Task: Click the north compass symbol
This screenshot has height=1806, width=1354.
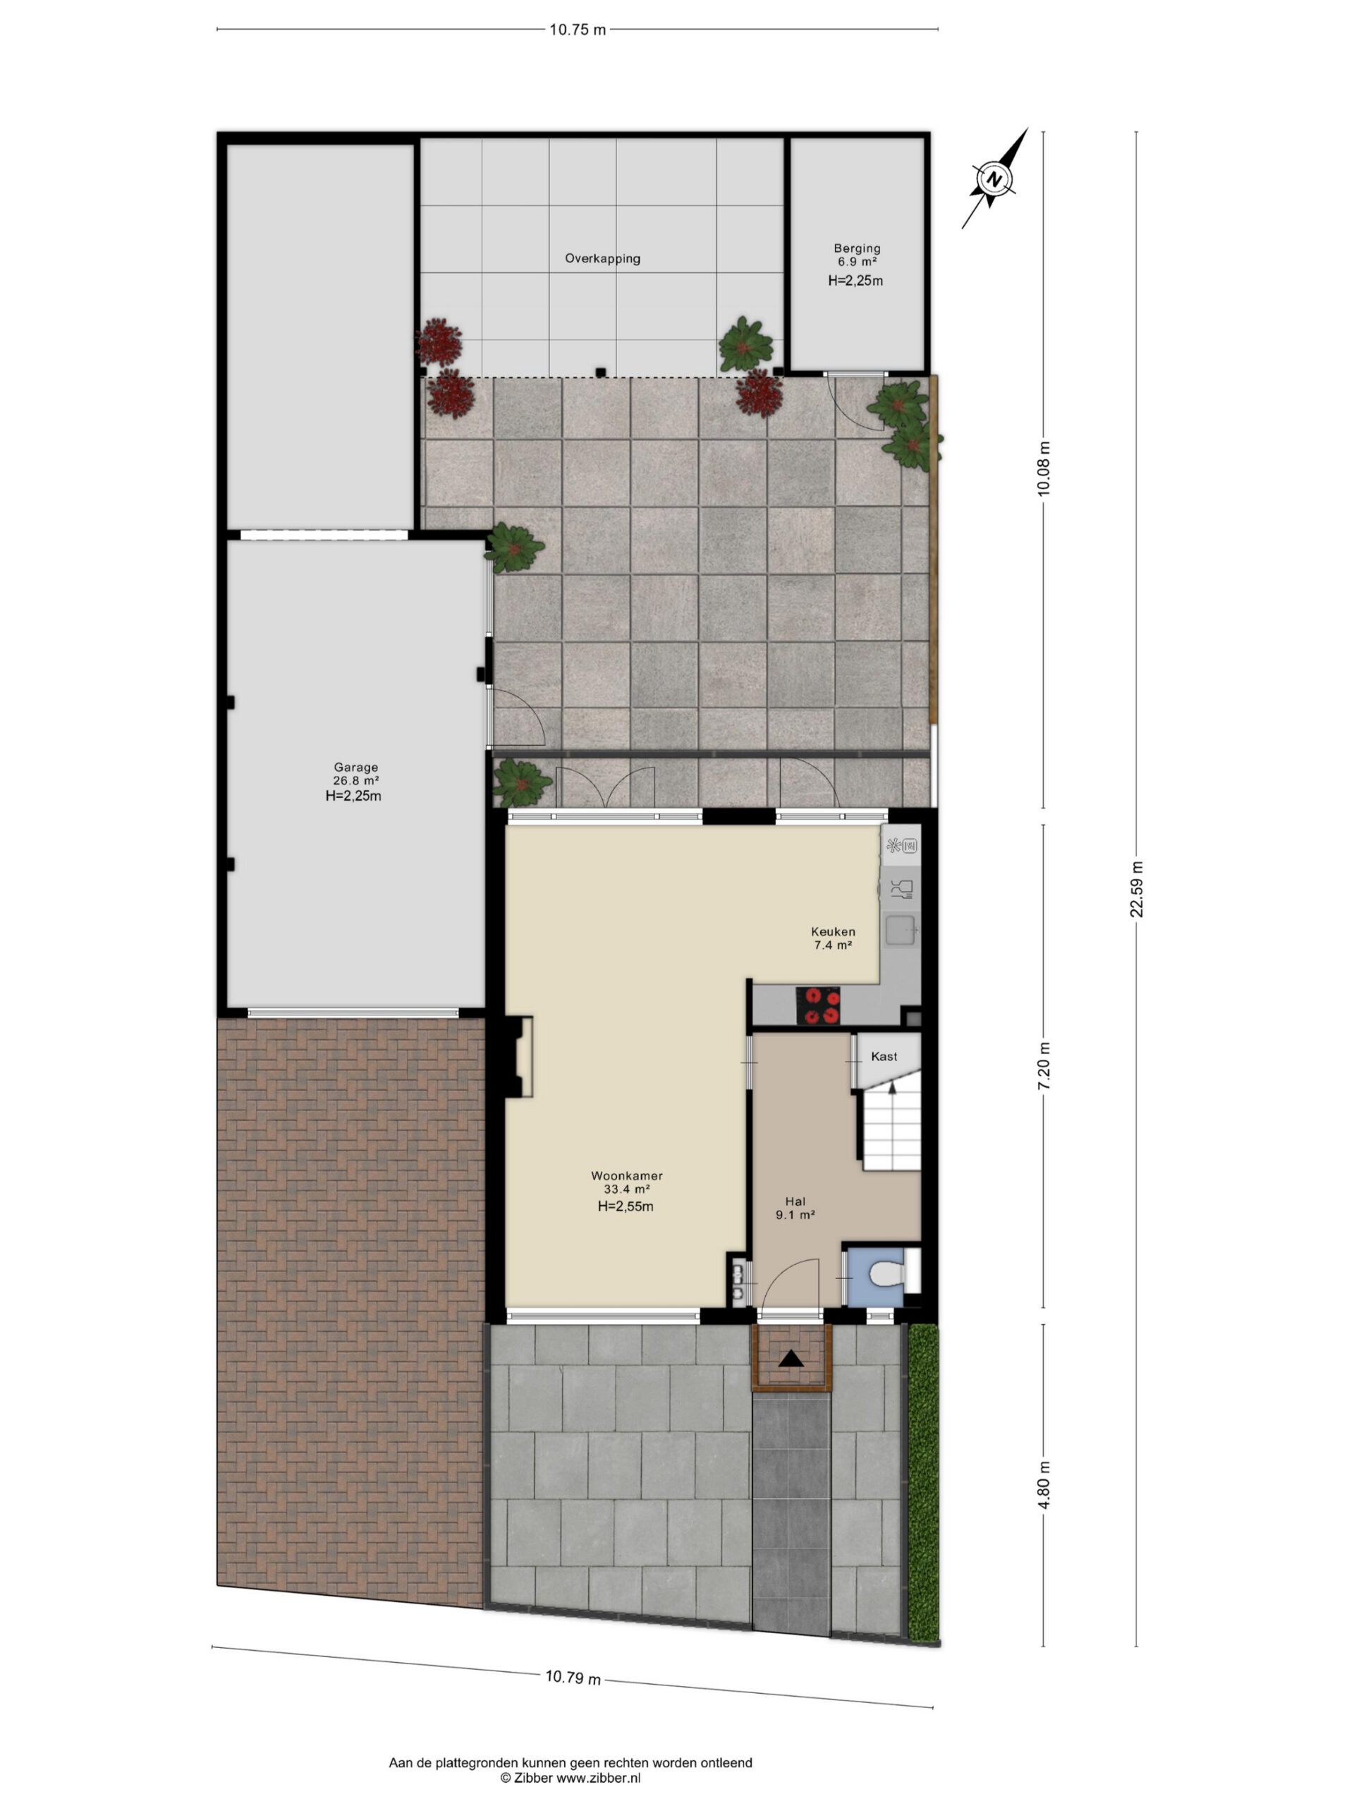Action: click(993, 178)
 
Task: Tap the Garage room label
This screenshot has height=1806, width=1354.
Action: click(356, 767)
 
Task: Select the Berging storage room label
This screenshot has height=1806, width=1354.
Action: click(857, 248)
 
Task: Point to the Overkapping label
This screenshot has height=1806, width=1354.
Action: click(602, 259)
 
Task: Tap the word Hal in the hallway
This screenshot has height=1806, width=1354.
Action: click(795, 1201)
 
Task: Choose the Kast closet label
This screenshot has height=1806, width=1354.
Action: click(884, 1057)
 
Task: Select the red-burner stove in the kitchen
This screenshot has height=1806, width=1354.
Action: click(819, 1006)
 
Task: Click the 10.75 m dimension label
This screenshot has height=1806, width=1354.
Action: click(577, 30)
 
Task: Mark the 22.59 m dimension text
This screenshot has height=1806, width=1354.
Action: click(1137, 890)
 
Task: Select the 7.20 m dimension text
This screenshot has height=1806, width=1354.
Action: click(1044, 1065)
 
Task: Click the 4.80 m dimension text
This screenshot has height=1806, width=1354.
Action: click(1044, 1486)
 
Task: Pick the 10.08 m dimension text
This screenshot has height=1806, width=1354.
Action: click(1044, 468)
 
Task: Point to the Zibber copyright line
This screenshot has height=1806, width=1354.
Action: click(571, 1777)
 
